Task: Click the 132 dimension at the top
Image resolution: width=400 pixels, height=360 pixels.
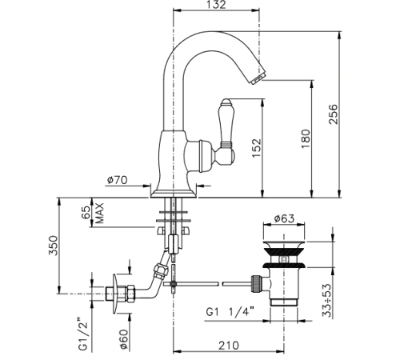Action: click(x=215, y=5)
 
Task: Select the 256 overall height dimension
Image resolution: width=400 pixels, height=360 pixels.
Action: click(x=333, y=114)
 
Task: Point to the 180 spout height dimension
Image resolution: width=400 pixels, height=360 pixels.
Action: click(x=306, y=139)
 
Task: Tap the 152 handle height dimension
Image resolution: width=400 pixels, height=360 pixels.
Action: click(x=257, y=148)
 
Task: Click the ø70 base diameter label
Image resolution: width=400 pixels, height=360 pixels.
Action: click(x=118, y=180)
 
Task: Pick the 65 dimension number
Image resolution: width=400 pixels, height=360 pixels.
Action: click(x=86, y=212)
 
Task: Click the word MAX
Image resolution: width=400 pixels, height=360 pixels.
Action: click(x=99, y=214)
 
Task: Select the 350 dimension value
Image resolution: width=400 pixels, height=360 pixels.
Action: click(x=53, y=246)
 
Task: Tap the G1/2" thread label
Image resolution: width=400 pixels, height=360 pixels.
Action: click(x=83, y=334)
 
